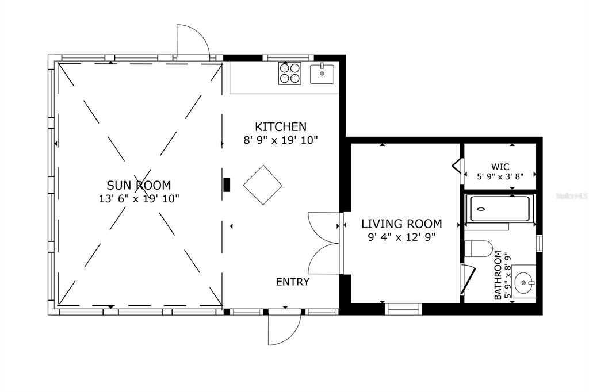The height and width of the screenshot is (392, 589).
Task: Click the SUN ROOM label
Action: tap(139, 185)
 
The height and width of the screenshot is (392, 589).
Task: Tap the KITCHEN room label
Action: tap(281, 126)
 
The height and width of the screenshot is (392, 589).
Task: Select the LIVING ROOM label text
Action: tap(401, 224)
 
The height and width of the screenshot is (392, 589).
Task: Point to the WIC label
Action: tap(500, 167)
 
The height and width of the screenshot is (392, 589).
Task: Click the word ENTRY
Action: tap(293, 282)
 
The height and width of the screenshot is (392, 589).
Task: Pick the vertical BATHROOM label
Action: tap(498, 275)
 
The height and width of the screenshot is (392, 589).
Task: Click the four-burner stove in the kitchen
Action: tap(290, 73)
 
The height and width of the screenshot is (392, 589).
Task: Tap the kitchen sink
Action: tap(322, 74)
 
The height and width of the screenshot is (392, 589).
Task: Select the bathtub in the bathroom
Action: tap(500, 209)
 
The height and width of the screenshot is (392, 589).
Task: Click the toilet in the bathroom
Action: tap(479, 248)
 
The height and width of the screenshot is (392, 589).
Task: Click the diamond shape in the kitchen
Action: tap(262, 185)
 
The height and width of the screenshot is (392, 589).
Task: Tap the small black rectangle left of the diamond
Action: tap(227, 185)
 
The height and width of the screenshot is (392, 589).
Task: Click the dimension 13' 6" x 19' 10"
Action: tap(139, 199)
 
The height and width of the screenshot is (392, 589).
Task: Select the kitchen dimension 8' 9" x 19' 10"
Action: tap(281, 140)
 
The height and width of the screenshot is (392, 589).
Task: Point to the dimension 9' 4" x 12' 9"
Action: tap(401, 237)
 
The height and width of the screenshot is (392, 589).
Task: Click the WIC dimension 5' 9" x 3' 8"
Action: tap(500, 176)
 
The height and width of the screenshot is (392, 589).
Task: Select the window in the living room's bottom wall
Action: tap(403, 309)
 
